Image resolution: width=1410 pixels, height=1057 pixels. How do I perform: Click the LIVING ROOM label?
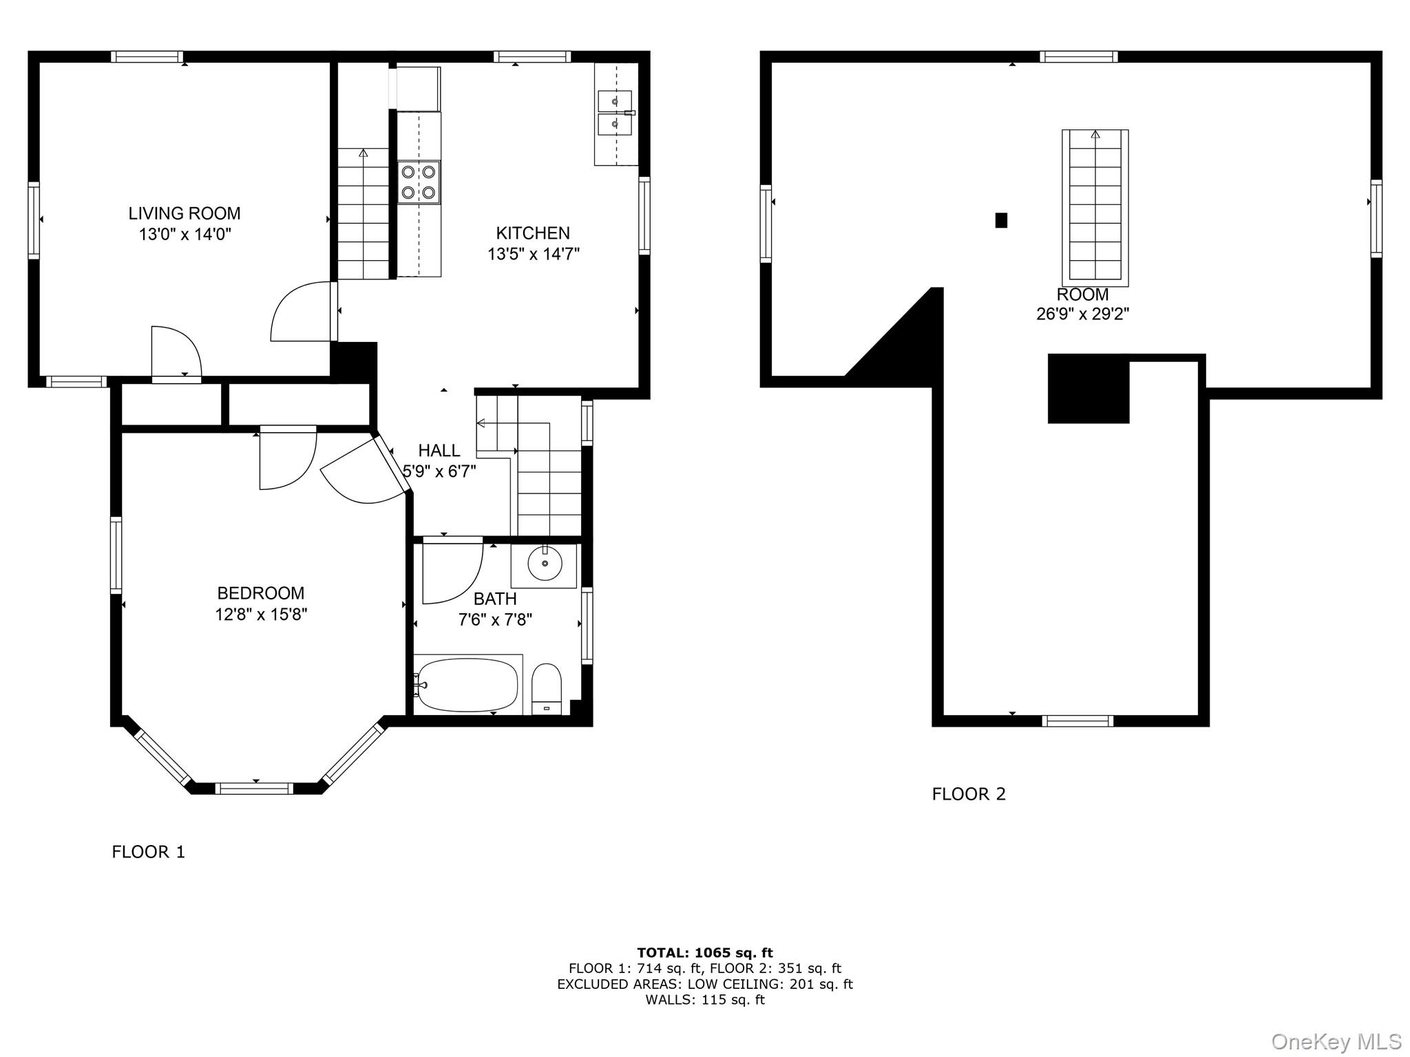(185, 213)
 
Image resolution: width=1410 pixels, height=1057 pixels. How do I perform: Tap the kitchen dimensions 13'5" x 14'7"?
(534, 255)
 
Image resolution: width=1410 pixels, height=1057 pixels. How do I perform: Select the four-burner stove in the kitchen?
(419, 182)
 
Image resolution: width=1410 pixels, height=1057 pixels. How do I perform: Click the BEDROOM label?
(261, 593)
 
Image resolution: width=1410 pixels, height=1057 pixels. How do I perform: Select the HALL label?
(439, 451)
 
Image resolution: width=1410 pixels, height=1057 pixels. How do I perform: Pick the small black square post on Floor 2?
(1002, 220)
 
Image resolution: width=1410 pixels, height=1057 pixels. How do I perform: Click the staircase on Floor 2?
(1095, 207)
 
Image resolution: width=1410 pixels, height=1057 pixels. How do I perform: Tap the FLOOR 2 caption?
(969, 794)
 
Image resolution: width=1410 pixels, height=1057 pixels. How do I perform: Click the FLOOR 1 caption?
(149, 852)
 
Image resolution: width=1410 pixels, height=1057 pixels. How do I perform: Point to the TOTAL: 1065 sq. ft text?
(705, 953)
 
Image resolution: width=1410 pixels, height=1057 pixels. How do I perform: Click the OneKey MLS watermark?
(1336, 1042)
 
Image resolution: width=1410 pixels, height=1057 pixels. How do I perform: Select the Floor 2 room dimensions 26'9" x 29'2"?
(1083, 314)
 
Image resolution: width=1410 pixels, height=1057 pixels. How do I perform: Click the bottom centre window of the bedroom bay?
(255, 789)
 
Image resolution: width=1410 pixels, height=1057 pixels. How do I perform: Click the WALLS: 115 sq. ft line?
(705, 1000)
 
